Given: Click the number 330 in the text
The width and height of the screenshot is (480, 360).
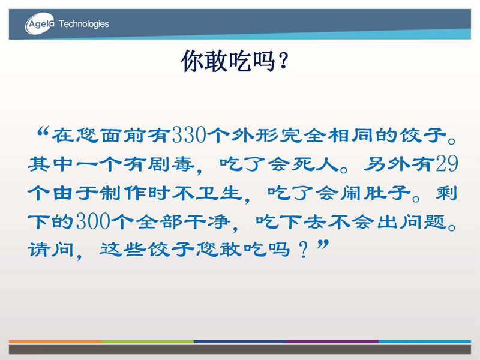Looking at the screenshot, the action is [x=189, y=135].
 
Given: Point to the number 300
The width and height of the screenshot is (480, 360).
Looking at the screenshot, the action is [x=93, y=221].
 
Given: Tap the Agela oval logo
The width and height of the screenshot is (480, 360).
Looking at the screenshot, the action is [x=40, y=23].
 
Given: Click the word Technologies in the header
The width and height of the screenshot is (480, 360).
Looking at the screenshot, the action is [x=83, y=24].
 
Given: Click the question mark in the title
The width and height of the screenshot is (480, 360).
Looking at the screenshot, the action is [x=283, y=61].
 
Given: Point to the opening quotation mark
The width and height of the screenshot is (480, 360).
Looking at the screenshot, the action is [x=43, y=131].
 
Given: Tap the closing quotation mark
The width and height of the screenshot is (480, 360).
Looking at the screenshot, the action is [x=323, y=245].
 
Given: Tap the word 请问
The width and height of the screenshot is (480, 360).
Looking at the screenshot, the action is [x=51, y=250].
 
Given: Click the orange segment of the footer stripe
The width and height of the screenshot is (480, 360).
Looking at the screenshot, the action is [x=55, y=341].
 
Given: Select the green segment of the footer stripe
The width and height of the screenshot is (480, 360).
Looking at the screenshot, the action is [x=148, y=341].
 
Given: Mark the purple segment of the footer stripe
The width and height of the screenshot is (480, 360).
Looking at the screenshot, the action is [x=332, y=341].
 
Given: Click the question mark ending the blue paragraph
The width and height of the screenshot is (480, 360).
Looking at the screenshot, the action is [x=304, y=250].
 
